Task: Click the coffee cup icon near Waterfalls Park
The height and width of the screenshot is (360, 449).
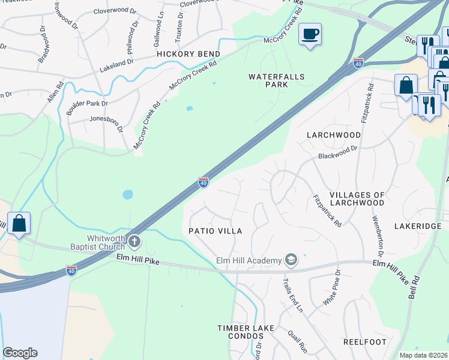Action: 310,34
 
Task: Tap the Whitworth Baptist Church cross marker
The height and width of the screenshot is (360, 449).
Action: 134,242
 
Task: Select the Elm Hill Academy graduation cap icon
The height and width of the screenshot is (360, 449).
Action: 291,259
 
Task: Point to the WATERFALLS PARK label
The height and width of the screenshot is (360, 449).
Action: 277,80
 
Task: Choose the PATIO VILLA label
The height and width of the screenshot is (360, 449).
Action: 215,231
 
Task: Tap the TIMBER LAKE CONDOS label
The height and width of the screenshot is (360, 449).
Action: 246,332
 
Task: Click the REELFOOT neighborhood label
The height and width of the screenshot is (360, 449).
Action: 363,341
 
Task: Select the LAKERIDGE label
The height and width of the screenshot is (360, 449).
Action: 418,226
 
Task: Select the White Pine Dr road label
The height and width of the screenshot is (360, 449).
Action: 332,289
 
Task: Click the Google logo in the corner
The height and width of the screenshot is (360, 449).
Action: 20,353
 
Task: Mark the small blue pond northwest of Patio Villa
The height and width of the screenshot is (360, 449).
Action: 127,194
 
